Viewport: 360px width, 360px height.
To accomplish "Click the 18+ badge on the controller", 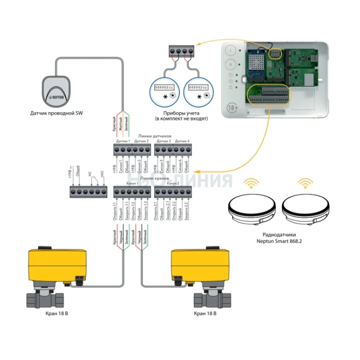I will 231,108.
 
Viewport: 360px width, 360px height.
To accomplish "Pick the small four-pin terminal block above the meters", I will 182,50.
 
